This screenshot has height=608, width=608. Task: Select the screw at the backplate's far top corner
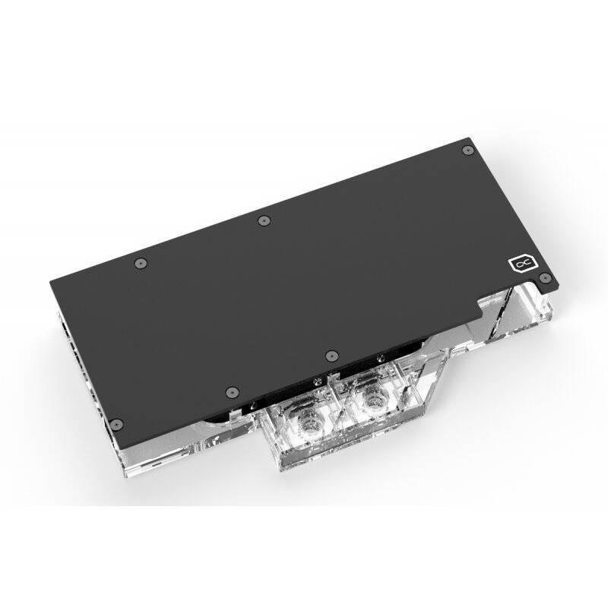(x=464, y=154)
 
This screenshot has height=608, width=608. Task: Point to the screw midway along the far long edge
(x=263, y=220)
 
